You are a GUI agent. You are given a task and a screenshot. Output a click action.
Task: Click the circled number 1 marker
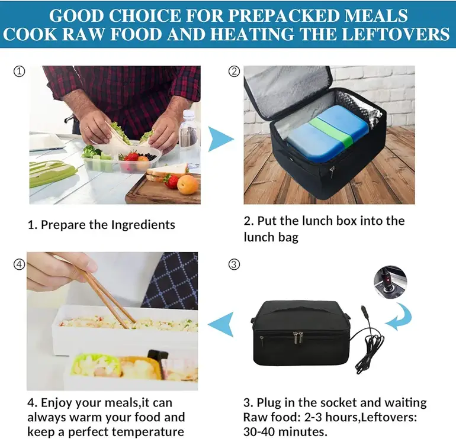pos(20,71)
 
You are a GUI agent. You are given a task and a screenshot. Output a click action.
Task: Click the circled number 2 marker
pos(234,71)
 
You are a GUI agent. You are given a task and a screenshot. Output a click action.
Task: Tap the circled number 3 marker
pos(234,264)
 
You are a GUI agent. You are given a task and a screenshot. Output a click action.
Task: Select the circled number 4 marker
pos(20,264)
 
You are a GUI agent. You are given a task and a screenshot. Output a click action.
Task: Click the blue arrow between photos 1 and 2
pos(220,139)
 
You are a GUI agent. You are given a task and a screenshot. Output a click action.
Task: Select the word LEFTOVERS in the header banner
pos(396,34)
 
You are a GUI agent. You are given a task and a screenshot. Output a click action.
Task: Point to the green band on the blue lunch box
pos(332,131)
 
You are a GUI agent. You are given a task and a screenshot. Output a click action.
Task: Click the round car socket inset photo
pos(390,281)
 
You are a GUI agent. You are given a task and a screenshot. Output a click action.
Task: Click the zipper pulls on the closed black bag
pos(297,338)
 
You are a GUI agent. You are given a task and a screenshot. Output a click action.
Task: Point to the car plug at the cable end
pos(364,313)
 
